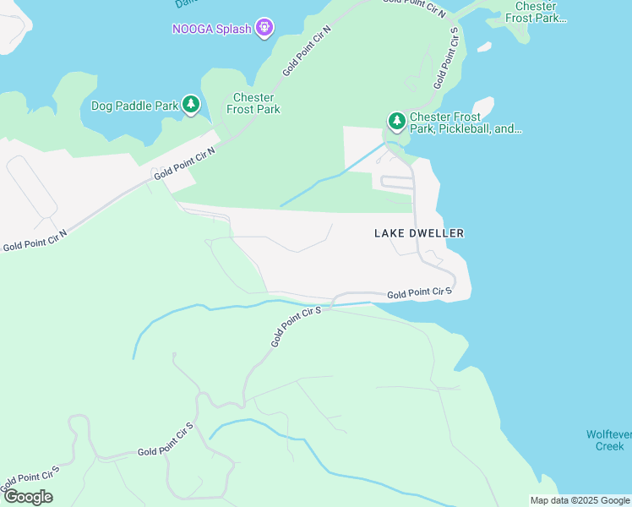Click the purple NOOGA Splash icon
point(265,29)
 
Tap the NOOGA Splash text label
point(212,29)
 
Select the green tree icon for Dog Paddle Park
point(191,105)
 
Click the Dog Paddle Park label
point(134,106)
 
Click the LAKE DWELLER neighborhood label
point(419,233)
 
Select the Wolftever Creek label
point(609,439)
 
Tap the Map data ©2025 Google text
point(580,500)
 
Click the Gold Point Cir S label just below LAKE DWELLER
point(420,293)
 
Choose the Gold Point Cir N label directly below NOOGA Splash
point(307,52)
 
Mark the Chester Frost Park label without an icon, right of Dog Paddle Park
point(253,103)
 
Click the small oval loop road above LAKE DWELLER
point(396,181)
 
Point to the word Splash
point(232,29)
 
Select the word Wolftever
point(609,434)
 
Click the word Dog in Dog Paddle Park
point(102,106)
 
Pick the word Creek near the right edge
point(609,445)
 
